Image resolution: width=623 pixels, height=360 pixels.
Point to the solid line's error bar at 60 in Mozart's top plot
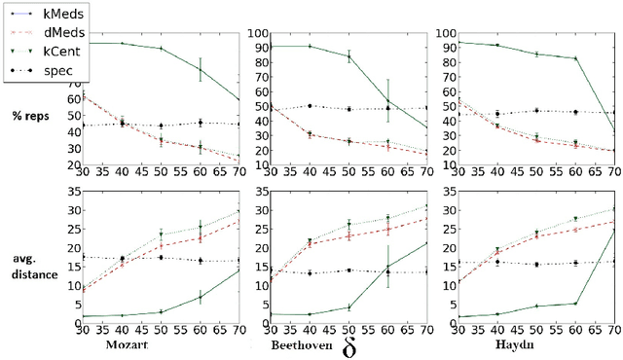pos(201,68)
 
